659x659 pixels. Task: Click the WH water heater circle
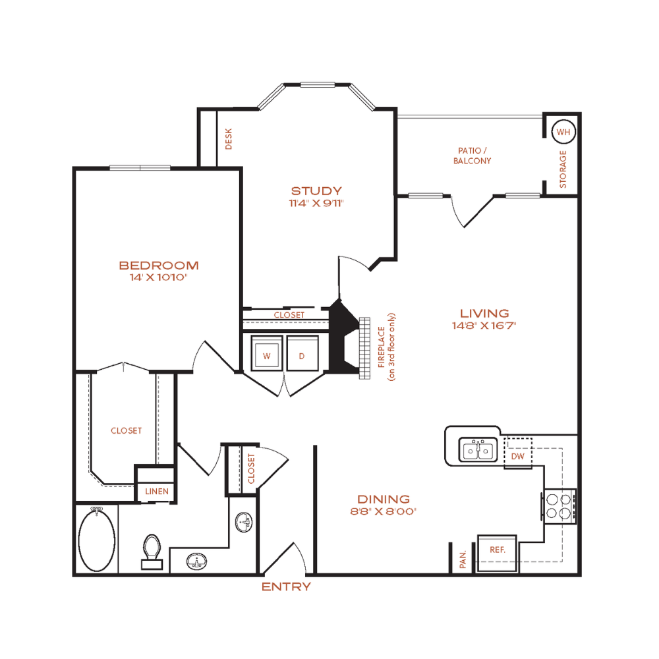point(563,132)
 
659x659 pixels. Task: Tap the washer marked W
point(266,353)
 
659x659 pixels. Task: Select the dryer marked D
point(302,353)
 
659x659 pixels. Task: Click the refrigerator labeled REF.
point(497,553)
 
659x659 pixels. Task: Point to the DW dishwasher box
point(518,453)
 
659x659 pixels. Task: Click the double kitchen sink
point(478,449)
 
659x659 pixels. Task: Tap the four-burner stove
point(559,506)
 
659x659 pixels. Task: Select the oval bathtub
point(97,540)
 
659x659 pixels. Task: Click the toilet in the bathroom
point(152,552)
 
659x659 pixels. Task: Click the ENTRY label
point(286,587)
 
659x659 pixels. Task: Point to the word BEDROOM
point(159,266)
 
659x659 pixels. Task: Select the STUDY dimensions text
point(316,204)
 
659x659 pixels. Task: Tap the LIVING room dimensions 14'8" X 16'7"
point(484,326)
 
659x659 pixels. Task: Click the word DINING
point(384,500)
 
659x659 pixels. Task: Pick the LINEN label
point(157,492)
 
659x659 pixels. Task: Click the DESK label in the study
point(229,139)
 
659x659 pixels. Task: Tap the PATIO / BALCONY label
point(473,156)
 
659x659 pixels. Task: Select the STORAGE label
point(563,169)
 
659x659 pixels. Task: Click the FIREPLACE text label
point(382,347)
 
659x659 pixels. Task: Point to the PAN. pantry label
point(463,559)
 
